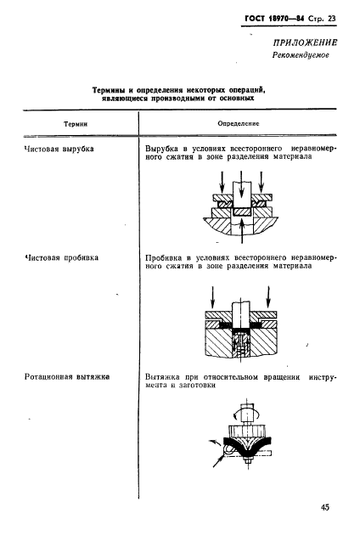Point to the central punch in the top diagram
pos(242,190)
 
